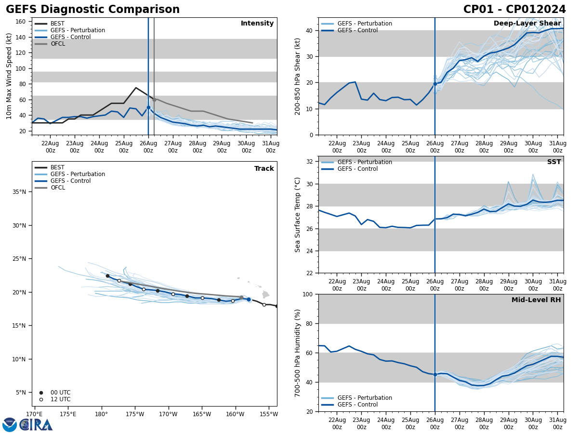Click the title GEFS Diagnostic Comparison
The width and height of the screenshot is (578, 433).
click(92, 10)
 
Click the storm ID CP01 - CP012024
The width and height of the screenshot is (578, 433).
click(514, 10)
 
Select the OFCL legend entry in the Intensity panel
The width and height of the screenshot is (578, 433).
click(57, 44)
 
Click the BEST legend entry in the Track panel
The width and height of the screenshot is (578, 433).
click(57, 167)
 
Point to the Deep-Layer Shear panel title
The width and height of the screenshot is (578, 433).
click(527, 24)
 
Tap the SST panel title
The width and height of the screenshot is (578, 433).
click(553, 162)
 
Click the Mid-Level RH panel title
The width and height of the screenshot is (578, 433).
click(536, 300)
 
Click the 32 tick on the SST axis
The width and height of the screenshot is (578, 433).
click(310, 162)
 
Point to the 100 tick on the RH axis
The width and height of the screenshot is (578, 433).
click(308, 294)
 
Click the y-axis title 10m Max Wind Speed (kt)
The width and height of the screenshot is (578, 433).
click(9, 76)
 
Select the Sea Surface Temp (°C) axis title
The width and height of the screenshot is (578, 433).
click(298, 215)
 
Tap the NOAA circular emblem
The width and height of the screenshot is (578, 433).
click(10, 424)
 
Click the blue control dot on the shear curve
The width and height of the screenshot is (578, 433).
click(435, 84)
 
